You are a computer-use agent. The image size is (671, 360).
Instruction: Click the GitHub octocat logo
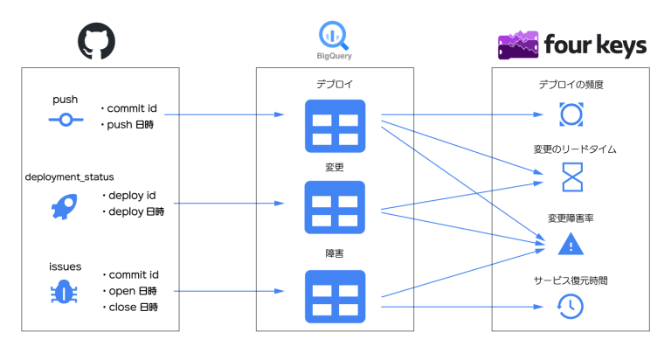[96, 41]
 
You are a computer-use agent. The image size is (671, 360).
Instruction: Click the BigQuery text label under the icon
[335, 56]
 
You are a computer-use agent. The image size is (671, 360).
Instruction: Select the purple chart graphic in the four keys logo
[517, 45]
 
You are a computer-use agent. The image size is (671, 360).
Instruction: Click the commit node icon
[66, 120]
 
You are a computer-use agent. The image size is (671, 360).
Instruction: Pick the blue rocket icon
[65, 206]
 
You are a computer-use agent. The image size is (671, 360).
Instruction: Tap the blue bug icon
[64, 292]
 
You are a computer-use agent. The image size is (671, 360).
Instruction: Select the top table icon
[335, 126]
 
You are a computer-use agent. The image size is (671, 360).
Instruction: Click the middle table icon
[335, 207]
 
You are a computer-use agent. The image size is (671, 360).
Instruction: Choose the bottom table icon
[335, 296]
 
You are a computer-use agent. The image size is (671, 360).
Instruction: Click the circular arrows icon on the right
[571, 114]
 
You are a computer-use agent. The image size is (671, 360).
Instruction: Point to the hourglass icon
[571, 177]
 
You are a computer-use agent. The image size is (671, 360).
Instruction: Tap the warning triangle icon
[571, 244]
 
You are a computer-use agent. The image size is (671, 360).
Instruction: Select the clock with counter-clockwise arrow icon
[571, 306]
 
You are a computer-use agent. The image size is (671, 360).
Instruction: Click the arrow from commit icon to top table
[225, 114]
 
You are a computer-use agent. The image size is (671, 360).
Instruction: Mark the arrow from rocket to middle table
[229, 204]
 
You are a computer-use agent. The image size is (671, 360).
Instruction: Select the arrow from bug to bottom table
[229, 291]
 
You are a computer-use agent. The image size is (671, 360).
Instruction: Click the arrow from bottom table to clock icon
[462, 307]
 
